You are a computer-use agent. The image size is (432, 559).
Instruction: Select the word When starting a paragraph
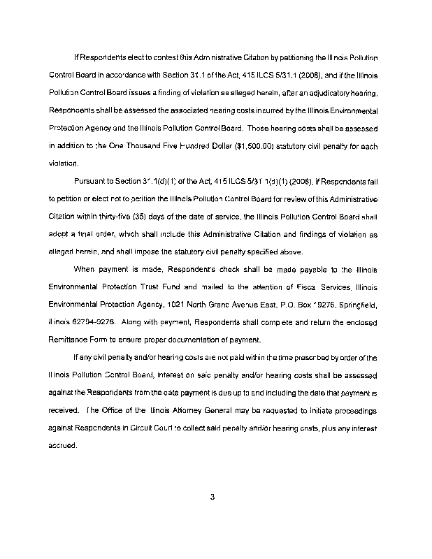coord(85,271)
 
